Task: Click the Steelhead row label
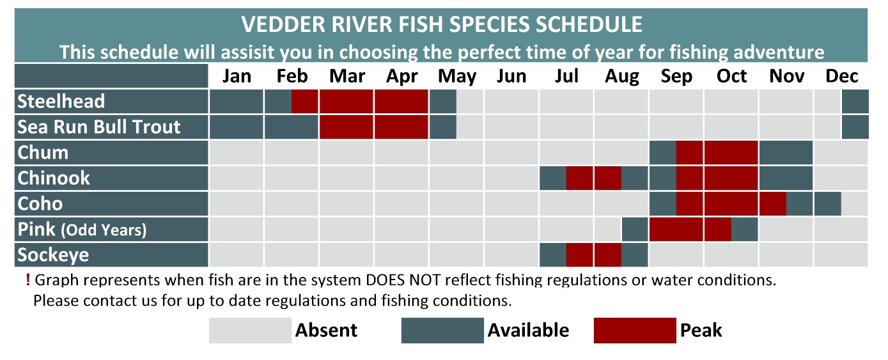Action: point(61,102)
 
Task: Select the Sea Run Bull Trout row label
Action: point(98,127)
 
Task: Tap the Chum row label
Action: point(43,153)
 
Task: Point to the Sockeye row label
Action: point(53,255)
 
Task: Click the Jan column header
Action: point(237,76)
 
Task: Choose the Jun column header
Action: point(511,76)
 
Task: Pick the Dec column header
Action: point(841,76)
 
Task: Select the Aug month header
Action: point(621,77)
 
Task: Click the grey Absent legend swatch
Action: point(250,330)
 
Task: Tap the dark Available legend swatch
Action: point(442,330)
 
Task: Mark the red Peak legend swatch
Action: point(635,330)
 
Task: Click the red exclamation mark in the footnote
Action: point(27,280)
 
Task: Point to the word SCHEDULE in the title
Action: point(589,24)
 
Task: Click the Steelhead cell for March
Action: point(346,102)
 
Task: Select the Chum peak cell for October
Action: point(731,153)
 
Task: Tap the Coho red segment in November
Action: point(773,204)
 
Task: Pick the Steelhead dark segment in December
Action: point(855,102)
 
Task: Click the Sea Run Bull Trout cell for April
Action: point(401,127)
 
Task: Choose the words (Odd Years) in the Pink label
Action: point(104,230)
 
